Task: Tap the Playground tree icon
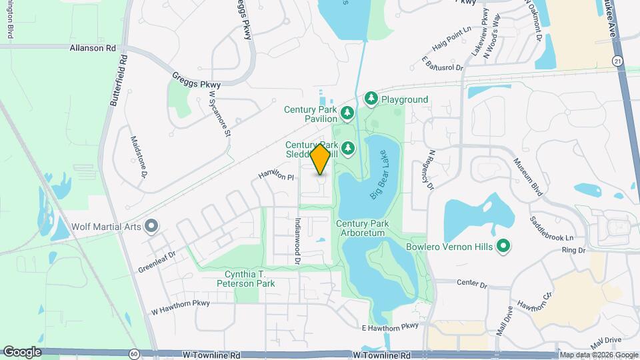(x=371, y=99)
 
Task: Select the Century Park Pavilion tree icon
(x=347, y=112)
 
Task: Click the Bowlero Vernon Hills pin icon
(x=504, y=247)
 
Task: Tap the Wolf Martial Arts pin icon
(x=151, y=226)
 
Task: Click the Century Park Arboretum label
(x=362, y=229)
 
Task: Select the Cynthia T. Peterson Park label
(x=249, y=279)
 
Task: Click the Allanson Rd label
(x=93, y=48)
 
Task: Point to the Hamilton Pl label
(x=276, y=177)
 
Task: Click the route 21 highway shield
(x=617, y=61)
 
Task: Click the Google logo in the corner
(x=22, y=352)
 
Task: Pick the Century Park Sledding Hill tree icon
(x=347, y=147)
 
